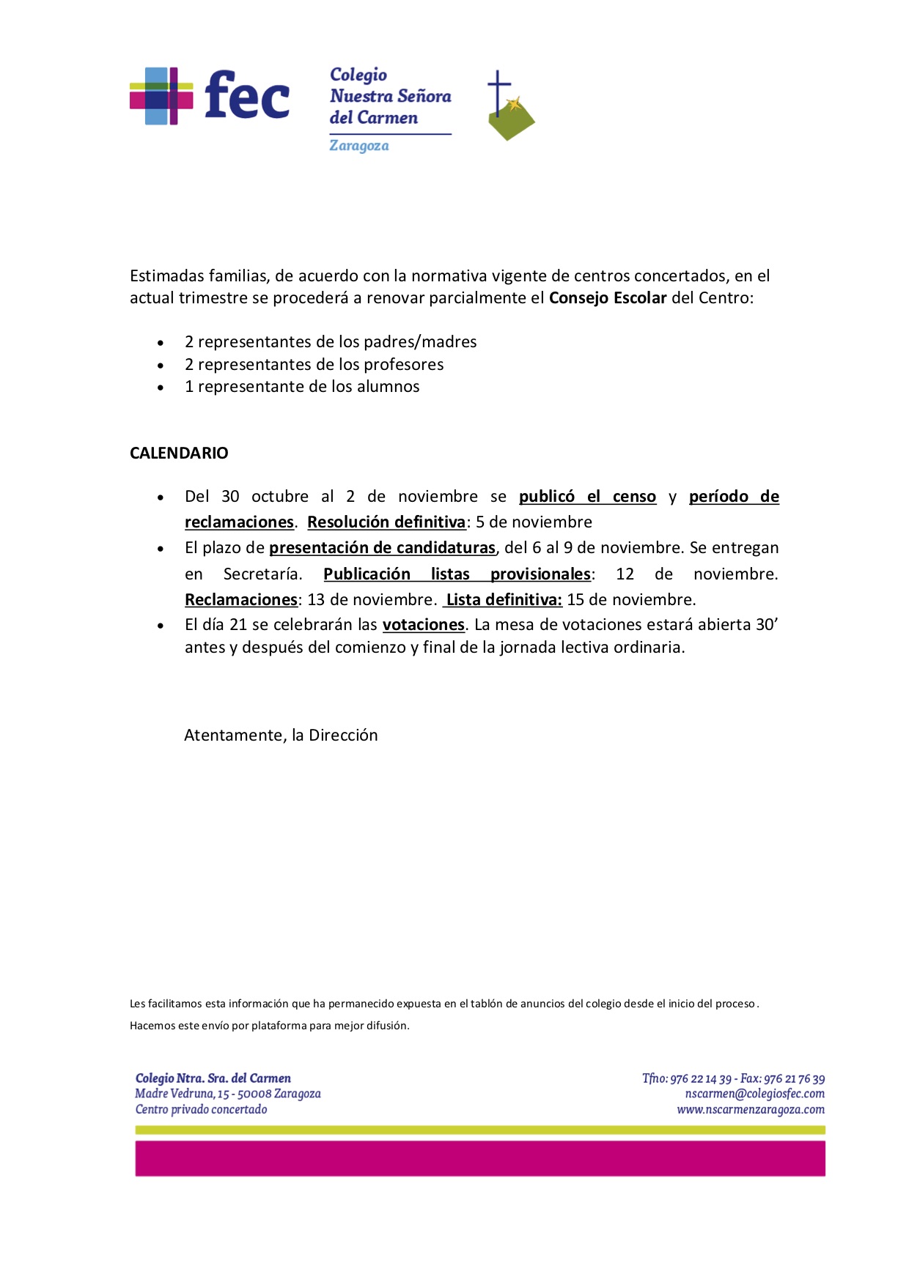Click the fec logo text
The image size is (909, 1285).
(x=247, y=95)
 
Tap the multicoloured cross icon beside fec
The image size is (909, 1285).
(x=161, y=96)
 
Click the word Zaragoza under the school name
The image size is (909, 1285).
(x=358, y=146)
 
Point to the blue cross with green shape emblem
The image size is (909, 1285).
(x=509, y=108)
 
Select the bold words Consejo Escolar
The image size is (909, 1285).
(x=608, y=298)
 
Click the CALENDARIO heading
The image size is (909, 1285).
(x=179, y=453)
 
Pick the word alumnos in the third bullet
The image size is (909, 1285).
(x=388, y=387)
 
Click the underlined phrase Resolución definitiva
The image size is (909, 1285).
(x=386, y=522)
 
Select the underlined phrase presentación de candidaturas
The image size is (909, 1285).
(x=382, y=548)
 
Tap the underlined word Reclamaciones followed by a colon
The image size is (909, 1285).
(x=241, y=600)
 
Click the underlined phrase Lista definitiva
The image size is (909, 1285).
(x=504, y=600)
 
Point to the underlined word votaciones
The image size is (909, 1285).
(x=424, y=625)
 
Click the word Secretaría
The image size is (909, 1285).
(x=262, y=574)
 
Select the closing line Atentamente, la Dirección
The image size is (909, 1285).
(x=281, y=736)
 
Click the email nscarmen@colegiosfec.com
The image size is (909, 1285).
(x=754, y=1094)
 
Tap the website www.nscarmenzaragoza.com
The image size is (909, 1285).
(x=750, y=1110)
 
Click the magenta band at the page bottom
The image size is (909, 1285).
(x=480, y=1158)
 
